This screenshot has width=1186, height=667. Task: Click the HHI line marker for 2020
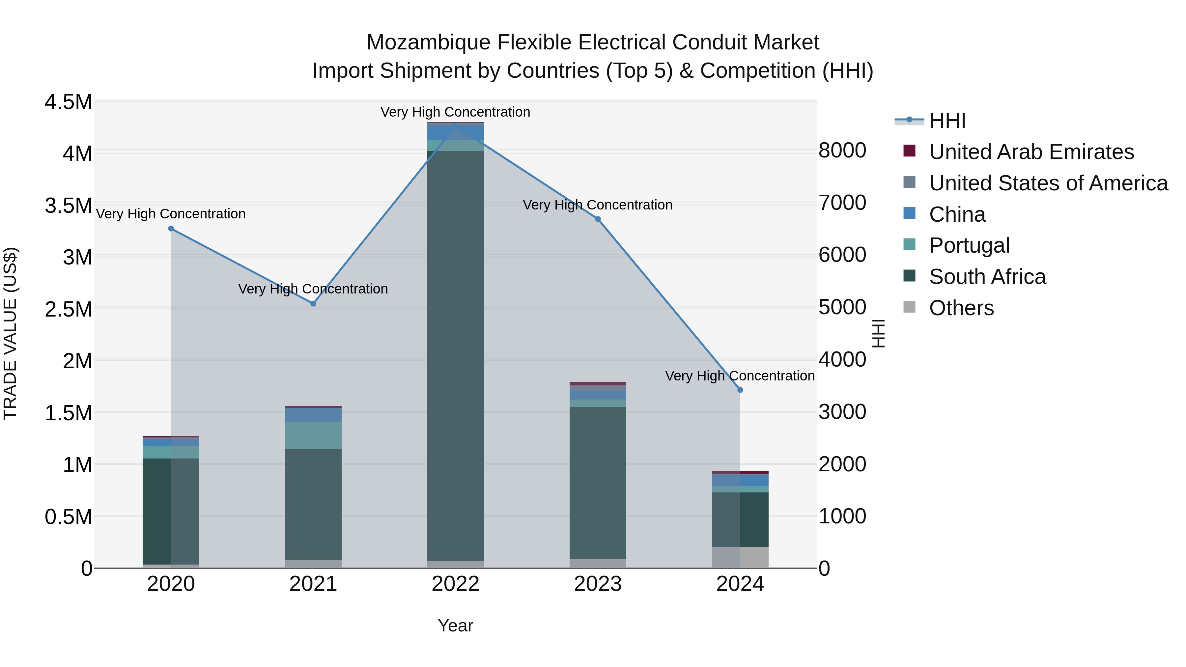pos(171,229)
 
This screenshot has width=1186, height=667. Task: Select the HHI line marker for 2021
pos(313,304)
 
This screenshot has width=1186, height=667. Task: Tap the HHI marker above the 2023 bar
pos(598,219)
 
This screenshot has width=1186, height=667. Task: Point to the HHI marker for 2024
pos(740,390)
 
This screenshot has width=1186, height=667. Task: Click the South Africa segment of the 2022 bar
pos(455,354)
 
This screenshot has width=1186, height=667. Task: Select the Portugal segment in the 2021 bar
pos(313,435)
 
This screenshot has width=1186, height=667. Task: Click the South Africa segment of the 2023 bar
pos(598,483)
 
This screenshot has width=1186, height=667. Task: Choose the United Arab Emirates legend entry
pos(1031,152)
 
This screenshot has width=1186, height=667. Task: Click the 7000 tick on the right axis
pos(842,203)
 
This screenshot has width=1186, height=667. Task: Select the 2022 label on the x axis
pos(455,584)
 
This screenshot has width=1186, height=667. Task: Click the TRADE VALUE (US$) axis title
pos(10,334)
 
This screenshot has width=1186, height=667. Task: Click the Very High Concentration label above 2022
pos(455,112)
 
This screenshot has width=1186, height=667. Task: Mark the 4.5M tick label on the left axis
pos(68,102)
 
